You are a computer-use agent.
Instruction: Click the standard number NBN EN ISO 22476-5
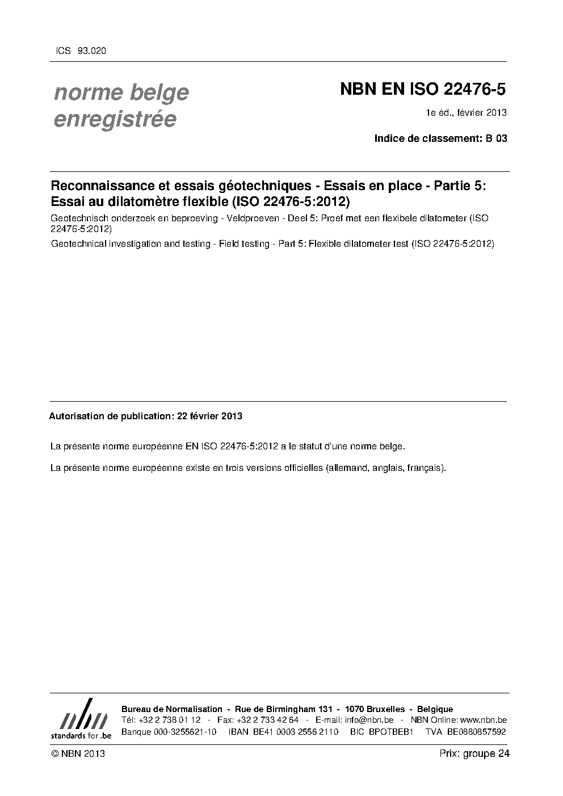click(422, 90)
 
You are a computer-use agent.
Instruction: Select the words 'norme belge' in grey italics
click(121, 92)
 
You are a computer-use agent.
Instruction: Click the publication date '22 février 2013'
click(209, 416)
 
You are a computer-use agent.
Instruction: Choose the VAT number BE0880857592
click(476, 731)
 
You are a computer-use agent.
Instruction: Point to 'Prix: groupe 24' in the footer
click(474, 753)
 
